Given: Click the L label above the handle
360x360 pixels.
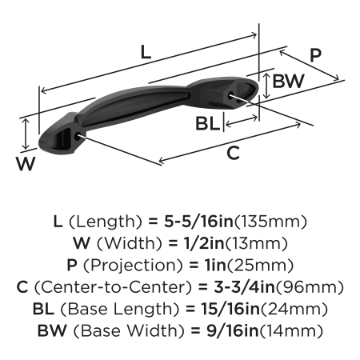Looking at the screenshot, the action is pyautogui.click(x=146, y=52).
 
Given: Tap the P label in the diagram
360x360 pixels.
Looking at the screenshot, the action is pyautogui.click(x=316, y=55).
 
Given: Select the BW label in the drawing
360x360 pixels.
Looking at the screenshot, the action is pyautogui.click(x=288, y=81).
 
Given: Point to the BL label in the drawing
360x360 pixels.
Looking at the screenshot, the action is pyautogui.click(x=208, y=124).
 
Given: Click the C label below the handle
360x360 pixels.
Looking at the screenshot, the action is pyautogui.click(x=233, y=153).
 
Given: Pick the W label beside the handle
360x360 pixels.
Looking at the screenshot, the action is pyautogui.click(x=26, y=163).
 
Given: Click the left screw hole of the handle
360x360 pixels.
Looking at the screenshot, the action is pyautogui.click(x=78, y=136).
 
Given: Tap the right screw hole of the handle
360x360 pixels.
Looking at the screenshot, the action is pyautogui.click(x=231, y=95).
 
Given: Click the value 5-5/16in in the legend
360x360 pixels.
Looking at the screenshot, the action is pyautogui.click(x=198, y=222).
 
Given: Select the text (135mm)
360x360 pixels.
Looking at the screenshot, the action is pyautogui.click(x=270, y=222).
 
